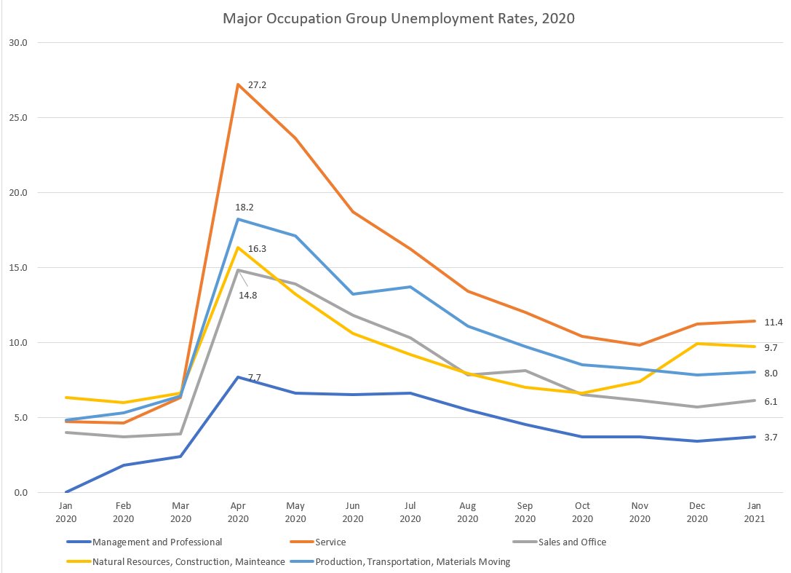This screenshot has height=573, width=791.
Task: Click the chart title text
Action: tap(399, 19)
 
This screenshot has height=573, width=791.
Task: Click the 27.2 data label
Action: tap(257, 85)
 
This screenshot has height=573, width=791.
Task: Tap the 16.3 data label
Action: tap(257, 248)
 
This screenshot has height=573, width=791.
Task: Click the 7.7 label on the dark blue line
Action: tap(254, 377)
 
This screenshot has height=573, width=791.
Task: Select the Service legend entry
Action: tap(331, 542)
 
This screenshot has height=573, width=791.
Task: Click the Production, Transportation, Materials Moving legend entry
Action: tap(413, 561)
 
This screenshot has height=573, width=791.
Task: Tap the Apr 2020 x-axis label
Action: tap(238, 512)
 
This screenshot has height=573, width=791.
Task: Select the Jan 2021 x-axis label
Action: tap(755, 512)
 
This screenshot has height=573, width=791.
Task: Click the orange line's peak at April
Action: tap(238, 84)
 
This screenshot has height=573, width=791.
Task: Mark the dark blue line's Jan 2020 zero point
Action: tap(66, 492)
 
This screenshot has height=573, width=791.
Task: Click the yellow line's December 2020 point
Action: tap(697, 344)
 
